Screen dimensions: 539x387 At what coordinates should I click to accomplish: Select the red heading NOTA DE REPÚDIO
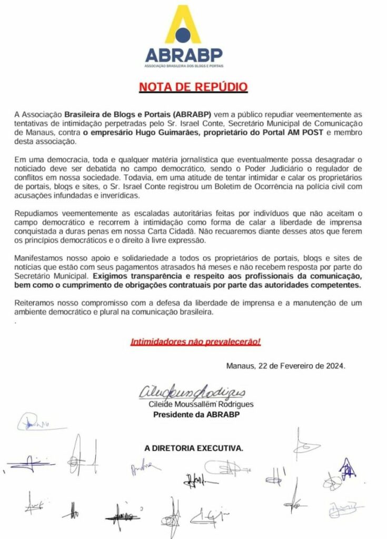(x=193, y=87)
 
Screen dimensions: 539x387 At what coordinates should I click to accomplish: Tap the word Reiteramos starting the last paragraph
(x=36, y=304)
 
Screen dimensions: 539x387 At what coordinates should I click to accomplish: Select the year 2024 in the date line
(x=334, y=366)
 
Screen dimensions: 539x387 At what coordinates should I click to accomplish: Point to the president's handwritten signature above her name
(x=192, y=393)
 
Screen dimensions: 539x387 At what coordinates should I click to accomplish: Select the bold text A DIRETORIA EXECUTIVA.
(x=194, y=448)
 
